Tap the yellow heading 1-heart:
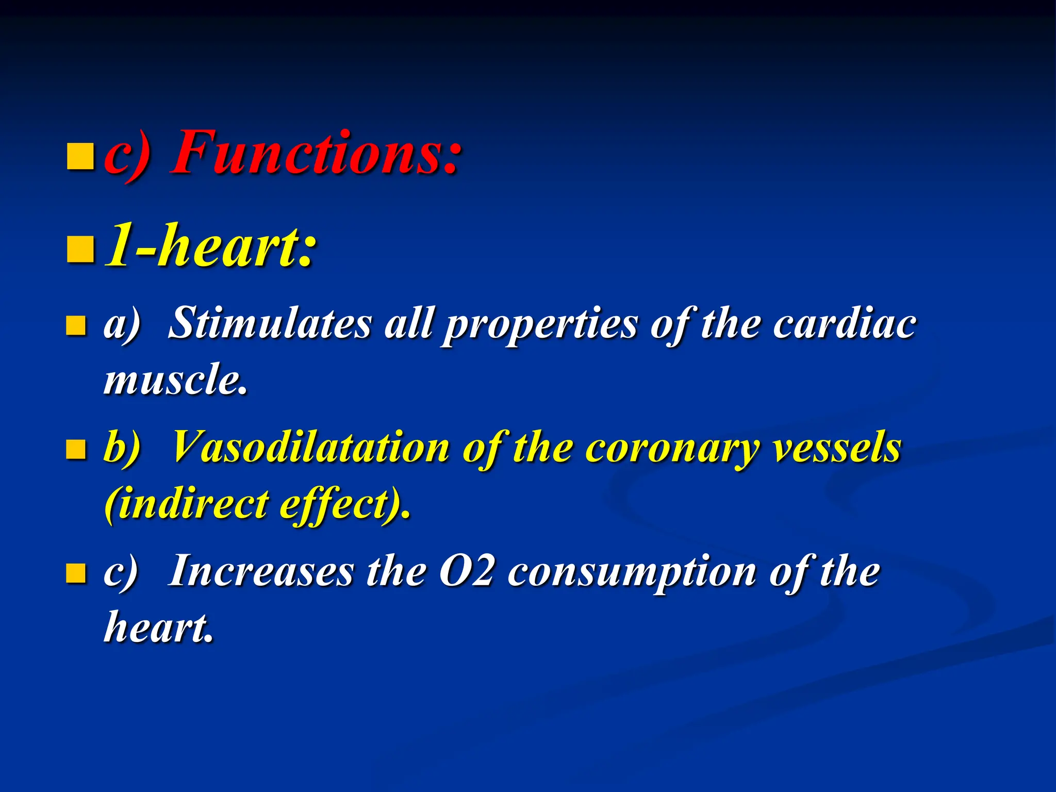(210, 245)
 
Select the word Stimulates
(270, 323)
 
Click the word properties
(541, 325)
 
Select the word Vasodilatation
(309, 447)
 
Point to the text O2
(467, 571)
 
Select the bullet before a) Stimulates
(76, 326)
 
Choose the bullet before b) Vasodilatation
(76, 450)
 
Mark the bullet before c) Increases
(76, 573)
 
